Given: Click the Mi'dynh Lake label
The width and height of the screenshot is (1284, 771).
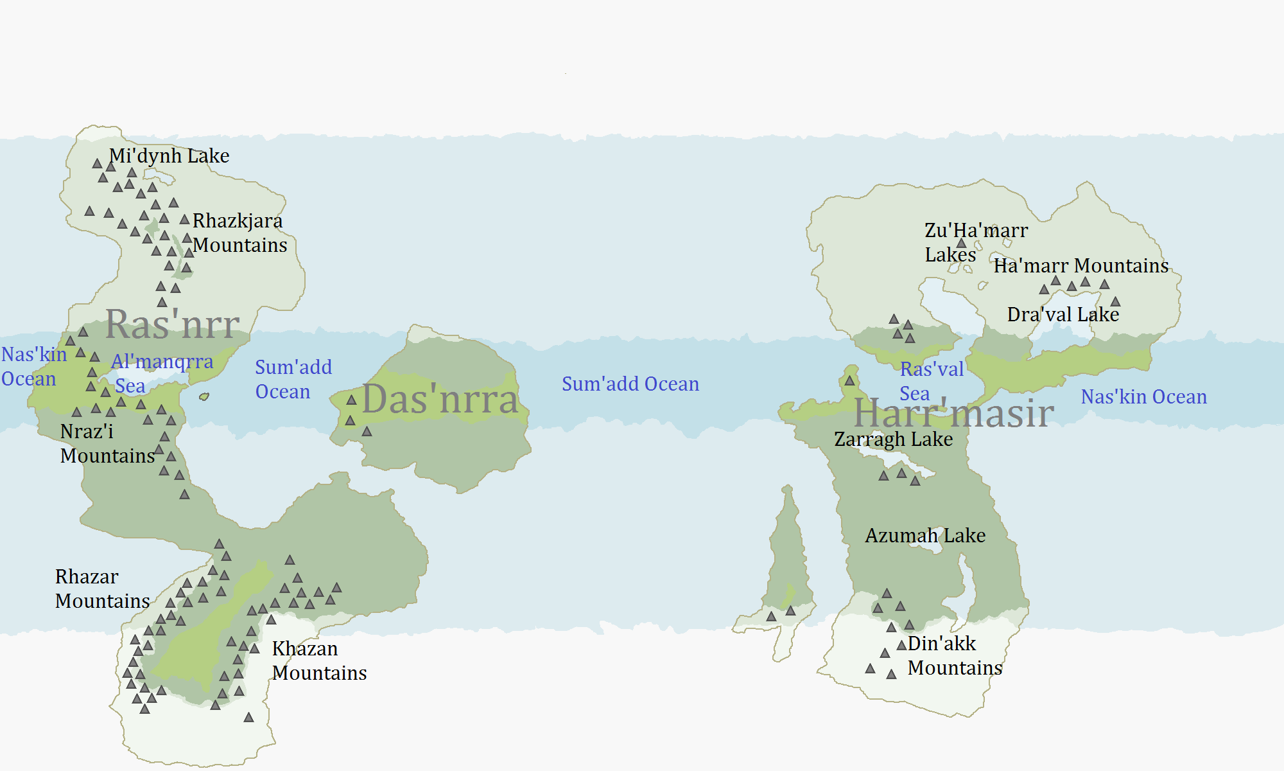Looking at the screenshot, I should click(169, 156).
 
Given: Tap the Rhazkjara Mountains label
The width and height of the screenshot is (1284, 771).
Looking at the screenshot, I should click(239, 233).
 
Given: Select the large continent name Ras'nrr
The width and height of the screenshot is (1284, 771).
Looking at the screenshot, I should click(172, 324).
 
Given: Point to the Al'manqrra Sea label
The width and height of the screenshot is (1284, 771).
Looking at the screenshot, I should click(162, 373).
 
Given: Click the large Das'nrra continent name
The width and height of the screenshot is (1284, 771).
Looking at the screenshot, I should click(440, 400).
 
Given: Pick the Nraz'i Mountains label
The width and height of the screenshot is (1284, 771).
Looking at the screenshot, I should click(107, 443).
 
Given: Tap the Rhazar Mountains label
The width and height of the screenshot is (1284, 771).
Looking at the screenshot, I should click(101, 589).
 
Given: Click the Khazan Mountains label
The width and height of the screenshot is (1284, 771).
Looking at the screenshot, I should click(318, 660).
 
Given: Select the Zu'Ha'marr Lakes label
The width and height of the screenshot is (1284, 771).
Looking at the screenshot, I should click(975, 242).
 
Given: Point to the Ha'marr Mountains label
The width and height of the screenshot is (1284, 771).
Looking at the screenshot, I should click(1080, 266).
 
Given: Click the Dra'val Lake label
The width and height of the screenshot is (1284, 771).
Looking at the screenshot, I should click(1063, 315).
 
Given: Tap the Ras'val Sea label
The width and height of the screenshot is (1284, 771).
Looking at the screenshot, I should click(931, 381).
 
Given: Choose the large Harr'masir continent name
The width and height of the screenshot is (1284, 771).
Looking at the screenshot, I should click(953, 413).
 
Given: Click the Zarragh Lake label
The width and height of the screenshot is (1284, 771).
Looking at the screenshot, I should click(893, 439).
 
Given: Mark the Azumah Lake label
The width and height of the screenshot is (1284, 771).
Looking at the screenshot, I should click(924, 536).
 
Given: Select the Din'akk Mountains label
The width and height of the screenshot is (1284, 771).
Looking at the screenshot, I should click(954, 655).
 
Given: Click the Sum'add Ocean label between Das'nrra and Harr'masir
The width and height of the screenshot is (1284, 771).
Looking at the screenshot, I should click(630, 384).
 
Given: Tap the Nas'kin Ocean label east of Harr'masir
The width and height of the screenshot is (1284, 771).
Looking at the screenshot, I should click(1143, 397).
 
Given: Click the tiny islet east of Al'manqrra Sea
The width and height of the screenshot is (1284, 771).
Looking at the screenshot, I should click(204, 396).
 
